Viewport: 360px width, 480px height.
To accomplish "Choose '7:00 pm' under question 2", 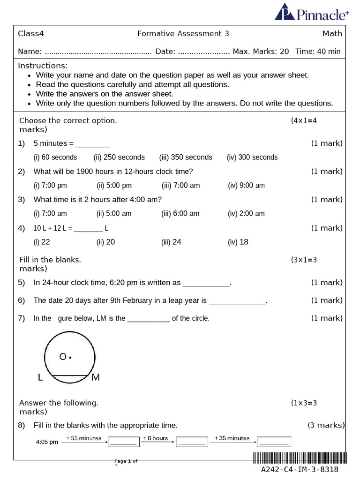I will point(50,186).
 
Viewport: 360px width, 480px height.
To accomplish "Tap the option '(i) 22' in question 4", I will point(42,242).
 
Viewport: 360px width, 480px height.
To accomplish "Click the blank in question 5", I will point(206,284).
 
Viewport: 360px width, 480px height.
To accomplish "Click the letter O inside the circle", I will point(63,357).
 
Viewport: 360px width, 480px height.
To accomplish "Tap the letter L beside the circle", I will point(40,378).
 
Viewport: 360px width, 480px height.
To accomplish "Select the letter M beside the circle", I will point(96,377).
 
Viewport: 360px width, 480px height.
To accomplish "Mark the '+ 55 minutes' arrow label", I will point(84,438).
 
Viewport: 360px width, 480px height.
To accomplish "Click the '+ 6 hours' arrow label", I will point(155,438).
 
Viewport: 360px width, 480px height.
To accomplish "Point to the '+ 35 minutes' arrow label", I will point(232,438).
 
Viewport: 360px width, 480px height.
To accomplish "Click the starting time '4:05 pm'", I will point(47,442).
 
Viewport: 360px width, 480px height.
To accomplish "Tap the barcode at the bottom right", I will point(300,458).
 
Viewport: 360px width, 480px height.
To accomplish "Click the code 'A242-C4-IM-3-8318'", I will point(300,470).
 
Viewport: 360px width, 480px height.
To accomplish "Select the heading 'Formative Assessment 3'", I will point(183,34).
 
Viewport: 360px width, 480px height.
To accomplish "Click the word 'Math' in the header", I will point(332,34).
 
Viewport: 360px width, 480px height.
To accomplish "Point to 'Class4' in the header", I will point(31,34).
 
